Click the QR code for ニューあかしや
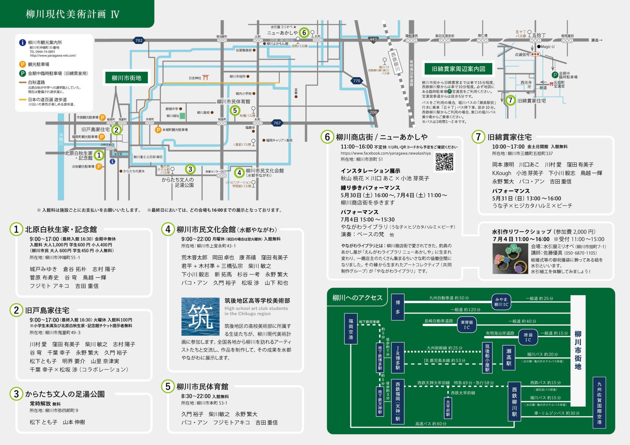tap(444, 162)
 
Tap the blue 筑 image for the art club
tap(200, 317)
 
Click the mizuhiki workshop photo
tap(510, 259)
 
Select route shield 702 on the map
tap(139, 40)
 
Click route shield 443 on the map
tap(373, 39)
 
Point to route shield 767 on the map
tap(277, 123)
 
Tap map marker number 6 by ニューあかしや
tap(304, 32)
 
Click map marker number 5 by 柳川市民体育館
tap(235, 110)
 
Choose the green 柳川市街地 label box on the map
tap(126, 78)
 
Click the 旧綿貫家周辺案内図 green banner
tap(458, 69)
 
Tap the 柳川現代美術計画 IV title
tap(73, 14)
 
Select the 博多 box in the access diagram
tap(398, 307)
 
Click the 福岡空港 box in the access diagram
tap(351, 329)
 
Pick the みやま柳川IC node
tap(501, 302)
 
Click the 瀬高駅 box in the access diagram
tap(509, 357)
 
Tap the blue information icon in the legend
tap(22, 43)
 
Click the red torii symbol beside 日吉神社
tap(206, 78)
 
